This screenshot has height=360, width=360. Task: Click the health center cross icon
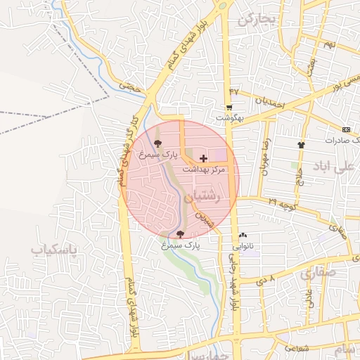pos(204,159)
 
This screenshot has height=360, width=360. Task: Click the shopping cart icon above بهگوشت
pos(229,108)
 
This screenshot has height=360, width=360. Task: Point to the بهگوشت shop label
pos(229,118)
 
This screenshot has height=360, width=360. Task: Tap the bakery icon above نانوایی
pos(243,236)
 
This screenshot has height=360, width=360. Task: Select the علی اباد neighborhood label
pos(335,169)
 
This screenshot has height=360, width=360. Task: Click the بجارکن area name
pos(254,20)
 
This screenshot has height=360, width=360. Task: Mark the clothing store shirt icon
pos(302,144)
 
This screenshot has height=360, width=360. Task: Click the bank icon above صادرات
pos(346,129)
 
